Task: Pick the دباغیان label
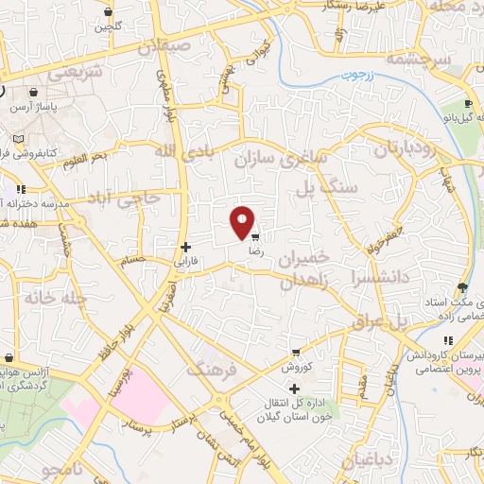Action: coord(361,461)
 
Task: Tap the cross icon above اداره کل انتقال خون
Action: coord(295,389)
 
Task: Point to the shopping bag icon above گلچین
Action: coord(109,12)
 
